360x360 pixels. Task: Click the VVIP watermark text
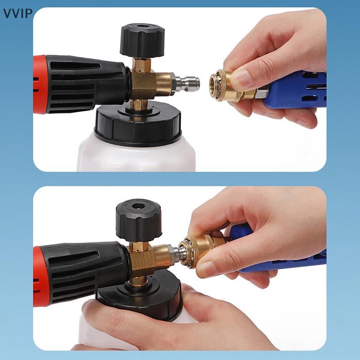18,13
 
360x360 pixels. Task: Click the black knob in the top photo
142,40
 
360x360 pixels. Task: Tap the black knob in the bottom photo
139,220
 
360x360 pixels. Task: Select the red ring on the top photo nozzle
40,84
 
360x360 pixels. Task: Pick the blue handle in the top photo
296,90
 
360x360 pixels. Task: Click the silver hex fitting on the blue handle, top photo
263,93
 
